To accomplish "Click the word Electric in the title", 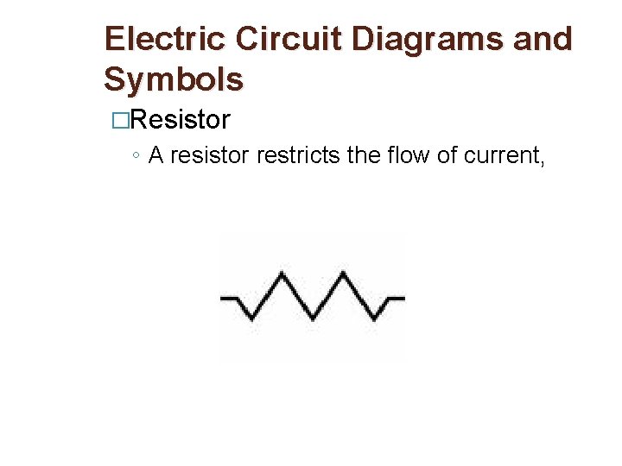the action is tap(164, 40).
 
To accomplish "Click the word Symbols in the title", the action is tap(173, 79).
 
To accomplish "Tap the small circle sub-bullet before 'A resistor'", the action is tap(137, 156).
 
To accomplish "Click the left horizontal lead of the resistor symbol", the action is tap(230, 298).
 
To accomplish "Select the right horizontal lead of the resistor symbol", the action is tap(395, 298).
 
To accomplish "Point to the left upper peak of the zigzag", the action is tap(282, 274).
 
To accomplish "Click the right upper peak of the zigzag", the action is tap(344, 274).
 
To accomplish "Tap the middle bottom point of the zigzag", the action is tap(313, 319).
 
